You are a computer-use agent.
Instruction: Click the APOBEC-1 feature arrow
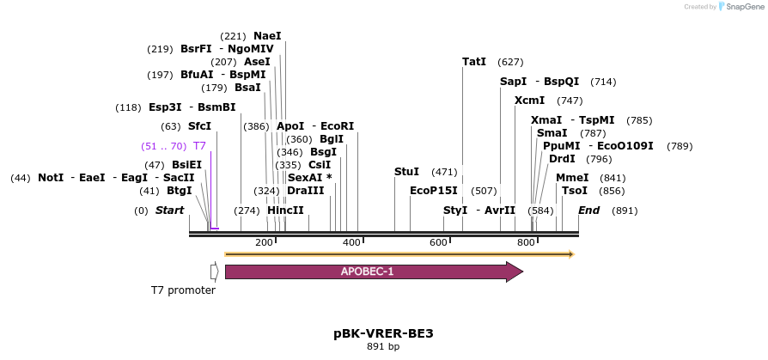click(x=374, y=272)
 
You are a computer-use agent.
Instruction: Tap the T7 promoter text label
click(x=183, y=290)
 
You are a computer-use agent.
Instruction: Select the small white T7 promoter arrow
click(x=214, y=272)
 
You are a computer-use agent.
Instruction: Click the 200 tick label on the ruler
click(x=264, y=243)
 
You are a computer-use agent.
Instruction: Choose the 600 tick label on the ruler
click(x=438, y=243)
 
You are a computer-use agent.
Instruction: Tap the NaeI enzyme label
click(x=267, y=36)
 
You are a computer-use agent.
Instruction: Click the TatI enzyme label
click(x=474, y=62)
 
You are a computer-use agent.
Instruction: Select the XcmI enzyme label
click(x=529, y=101)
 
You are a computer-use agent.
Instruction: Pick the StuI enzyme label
click(x=406, y=172)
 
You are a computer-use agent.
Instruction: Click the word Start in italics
click(x=169, y=211)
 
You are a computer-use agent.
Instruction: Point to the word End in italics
click(x=589, y=211)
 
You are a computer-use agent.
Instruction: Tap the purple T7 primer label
click(x=199, y=146)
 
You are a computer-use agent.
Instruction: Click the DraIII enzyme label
click(x=305, y=191)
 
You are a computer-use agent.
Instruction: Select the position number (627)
click(x=510, y=62)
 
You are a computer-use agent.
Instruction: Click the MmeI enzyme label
click(x=572, y=178)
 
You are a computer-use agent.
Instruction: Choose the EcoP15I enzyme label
click(x=433, y=191)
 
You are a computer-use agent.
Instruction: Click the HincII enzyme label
click(x=285, y=211)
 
